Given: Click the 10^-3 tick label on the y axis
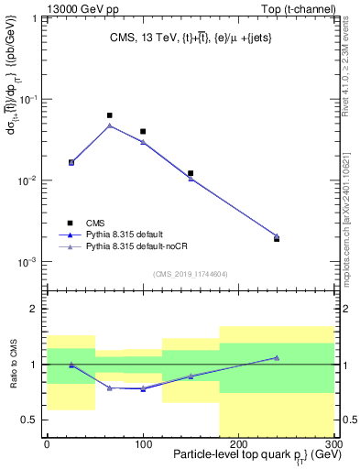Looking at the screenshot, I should click(x=30, y=262).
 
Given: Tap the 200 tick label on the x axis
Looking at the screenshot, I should click(x=238, y=442).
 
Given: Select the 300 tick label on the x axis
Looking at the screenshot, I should click(x=333, y=442).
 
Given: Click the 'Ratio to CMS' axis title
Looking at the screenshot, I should click(x=12, y=364).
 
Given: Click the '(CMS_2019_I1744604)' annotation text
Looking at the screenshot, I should click(x=191, y=274).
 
